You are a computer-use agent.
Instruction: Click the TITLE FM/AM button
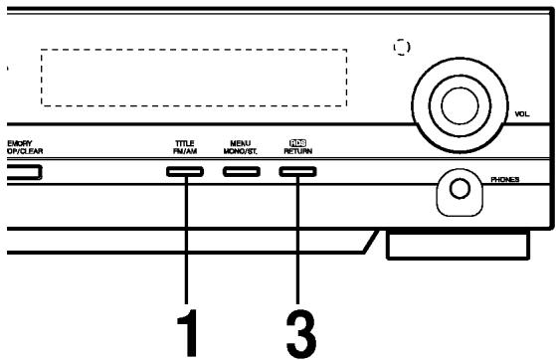pos(185,172)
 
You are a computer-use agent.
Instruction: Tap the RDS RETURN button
pos(297,172)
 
